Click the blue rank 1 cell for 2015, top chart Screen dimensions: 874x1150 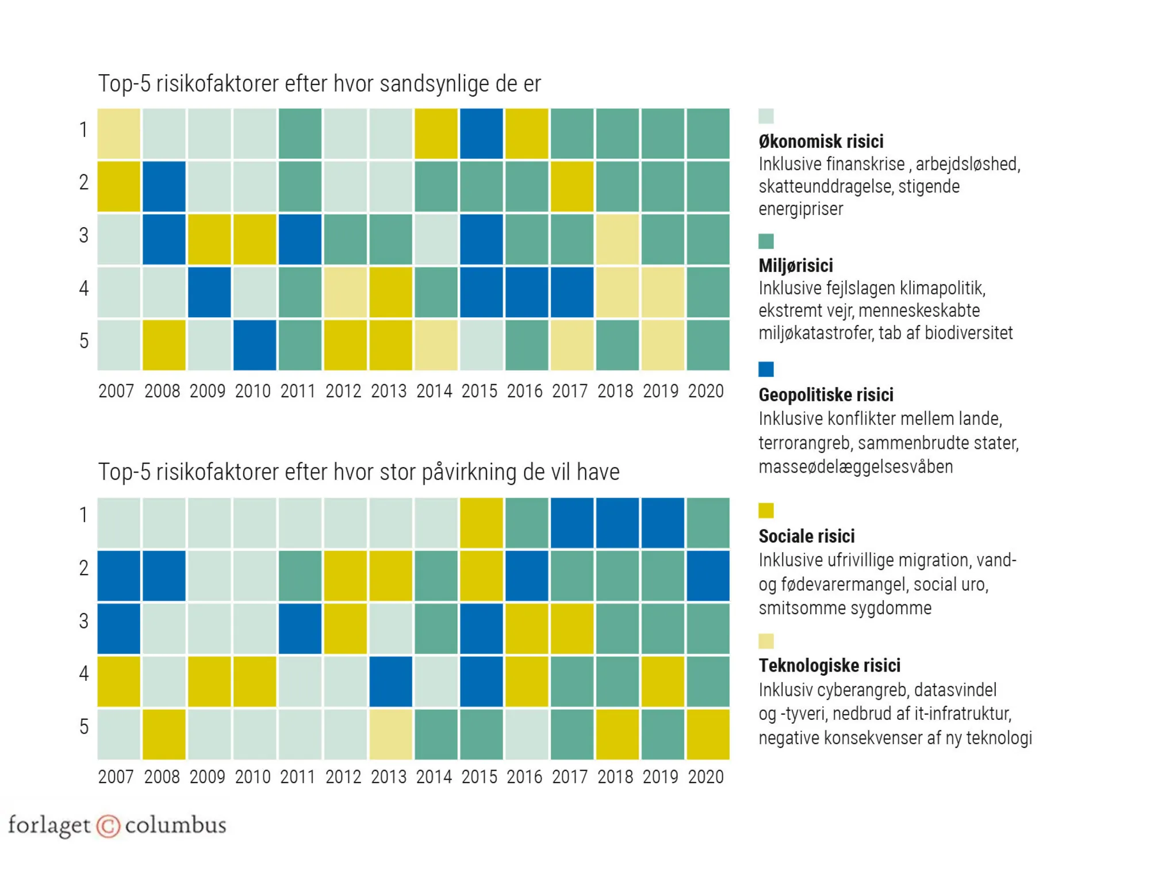[481, 133]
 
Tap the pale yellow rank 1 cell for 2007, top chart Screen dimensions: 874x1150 [118, 133]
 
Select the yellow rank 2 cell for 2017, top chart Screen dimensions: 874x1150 [572, 186]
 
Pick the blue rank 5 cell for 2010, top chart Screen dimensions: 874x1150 [255, 345]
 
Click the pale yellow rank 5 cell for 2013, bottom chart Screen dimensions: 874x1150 [390, 734]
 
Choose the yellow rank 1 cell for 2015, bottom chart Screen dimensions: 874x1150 [481, 523]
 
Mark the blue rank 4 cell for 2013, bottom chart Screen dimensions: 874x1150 [390, 681]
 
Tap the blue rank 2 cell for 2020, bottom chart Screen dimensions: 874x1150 [708, 576]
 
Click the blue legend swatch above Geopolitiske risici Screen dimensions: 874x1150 [766, 369]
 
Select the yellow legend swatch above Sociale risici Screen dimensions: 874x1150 [766, 510]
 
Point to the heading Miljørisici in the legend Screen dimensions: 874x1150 [795, 266]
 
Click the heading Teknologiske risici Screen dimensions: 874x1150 [829, 665]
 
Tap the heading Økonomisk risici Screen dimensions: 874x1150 [821, 141]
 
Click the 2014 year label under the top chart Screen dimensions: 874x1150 [434, 391]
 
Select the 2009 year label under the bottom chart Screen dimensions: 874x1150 [207, 777]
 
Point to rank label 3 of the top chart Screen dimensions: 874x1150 [84, 235]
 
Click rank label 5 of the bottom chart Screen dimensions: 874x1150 [84, 727]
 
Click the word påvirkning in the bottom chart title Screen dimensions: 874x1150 [469, 473]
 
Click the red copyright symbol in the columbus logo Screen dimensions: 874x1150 [108, 826]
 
